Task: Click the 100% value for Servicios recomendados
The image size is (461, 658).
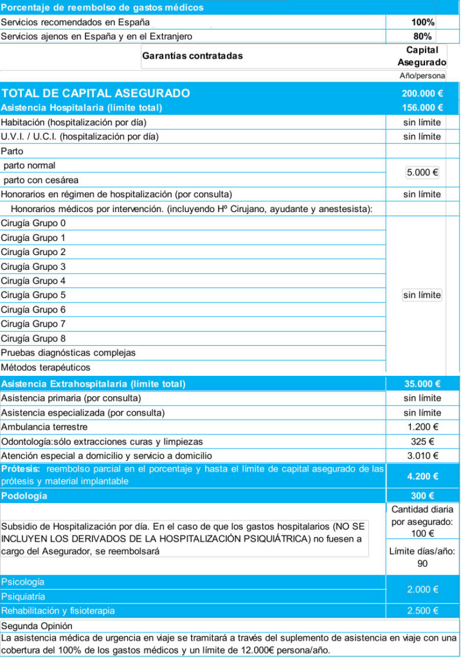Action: [422, 22]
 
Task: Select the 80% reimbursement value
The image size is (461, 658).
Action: [422, 37]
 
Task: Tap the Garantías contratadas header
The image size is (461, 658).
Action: [192, 56]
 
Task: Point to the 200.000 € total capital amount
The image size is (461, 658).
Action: [422, 93]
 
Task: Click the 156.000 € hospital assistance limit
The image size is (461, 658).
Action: [422, 108]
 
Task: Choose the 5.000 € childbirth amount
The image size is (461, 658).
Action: [422, 173]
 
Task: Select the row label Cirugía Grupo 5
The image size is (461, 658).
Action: [33, 296]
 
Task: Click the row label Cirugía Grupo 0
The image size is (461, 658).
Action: [33, 224]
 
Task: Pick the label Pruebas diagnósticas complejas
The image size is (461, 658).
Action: [68, 353]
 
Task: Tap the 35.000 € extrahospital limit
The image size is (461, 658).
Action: [422, 384]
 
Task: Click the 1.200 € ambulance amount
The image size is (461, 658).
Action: [422, 427]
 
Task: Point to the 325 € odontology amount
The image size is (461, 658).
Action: [422, 441]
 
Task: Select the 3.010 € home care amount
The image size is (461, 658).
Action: [422, 456]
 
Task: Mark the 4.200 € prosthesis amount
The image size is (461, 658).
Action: [422, 477]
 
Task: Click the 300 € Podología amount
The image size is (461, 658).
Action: [422, 497]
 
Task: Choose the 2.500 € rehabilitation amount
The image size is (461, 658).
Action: [422, 611]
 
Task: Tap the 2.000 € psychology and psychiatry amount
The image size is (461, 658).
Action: [422, 589]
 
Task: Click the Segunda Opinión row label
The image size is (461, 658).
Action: [37, 626]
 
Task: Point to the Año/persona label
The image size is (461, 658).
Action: [422, 76]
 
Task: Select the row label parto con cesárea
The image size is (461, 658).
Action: [41, 180]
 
